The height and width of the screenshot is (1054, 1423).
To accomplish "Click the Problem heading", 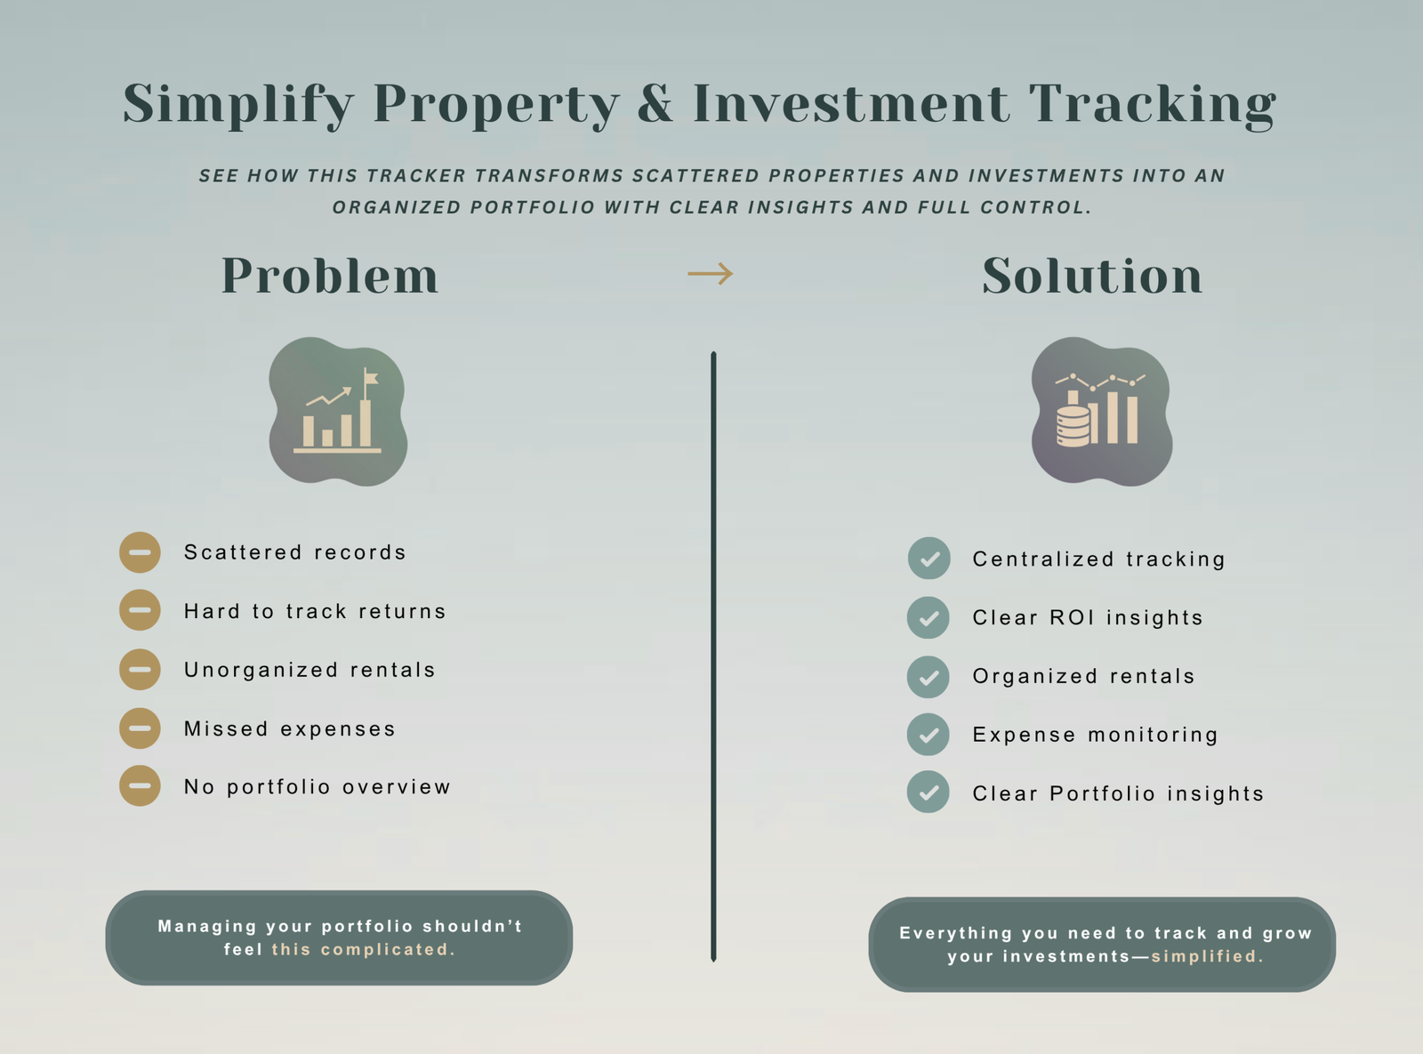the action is [x=330, y=276].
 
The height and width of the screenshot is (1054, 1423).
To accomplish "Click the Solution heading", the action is [x=1092, y=276].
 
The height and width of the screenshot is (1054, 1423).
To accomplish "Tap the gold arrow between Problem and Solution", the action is [x=711, y=273].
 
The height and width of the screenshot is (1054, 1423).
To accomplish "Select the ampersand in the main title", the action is [x=655, y=102].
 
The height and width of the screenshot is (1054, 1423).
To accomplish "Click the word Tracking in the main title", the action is [x=1153, y=106].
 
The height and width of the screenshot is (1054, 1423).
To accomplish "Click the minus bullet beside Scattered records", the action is [x=140, y=552].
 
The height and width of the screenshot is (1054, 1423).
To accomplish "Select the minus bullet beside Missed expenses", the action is [x=140, y=728].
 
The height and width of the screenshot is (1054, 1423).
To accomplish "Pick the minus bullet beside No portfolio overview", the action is [x=140, y=785].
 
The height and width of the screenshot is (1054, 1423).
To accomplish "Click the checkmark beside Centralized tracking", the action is [x=929, y=559].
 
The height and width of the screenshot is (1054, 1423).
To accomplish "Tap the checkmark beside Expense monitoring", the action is [x=929, y=735].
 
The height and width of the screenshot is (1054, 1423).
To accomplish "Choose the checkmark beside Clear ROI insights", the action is [x=929, y=617].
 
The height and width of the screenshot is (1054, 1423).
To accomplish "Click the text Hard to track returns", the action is [x=314, y=611].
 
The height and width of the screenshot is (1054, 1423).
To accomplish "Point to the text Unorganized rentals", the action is [x=310, y=670].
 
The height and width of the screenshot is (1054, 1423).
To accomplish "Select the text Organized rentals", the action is [x=1083, y=676].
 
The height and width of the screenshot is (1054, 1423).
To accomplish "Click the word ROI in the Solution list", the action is [x=1072, y=617].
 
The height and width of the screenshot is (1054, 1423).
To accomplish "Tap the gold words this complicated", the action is [x=363, y=949].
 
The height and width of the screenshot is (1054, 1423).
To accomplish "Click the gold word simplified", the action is [x=1207, y=956].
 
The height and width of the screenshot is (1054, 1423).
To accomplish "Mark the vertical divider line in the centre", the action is [x=713, y=656].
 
